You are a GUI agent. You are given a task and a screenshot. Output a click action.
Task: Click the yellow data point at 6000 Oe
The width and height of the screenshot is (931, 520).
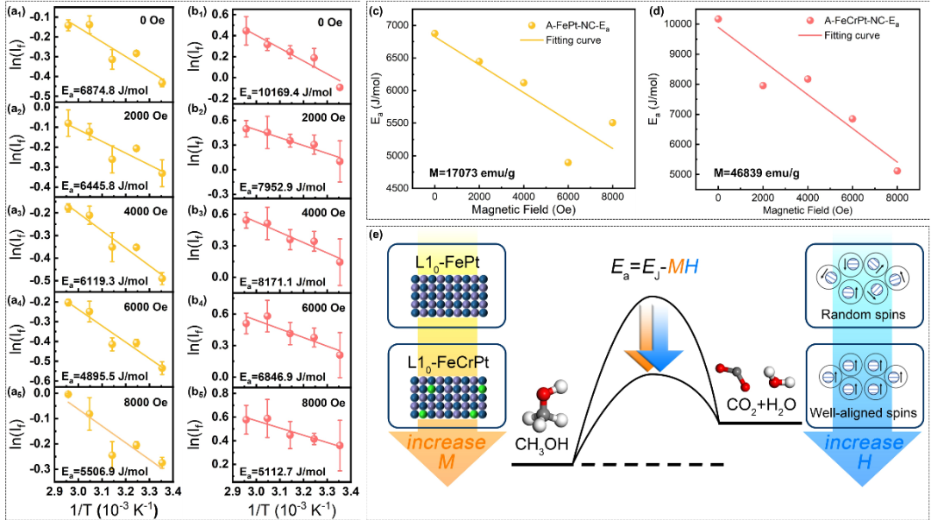pos(568,162)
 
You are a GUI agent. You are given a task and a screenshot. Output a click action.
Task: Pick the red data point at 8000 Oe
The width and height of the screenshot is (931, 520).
pos(897,171)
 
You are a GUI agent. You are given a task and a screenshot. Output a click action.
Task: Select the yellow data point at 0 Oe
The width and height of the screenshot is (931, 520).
pos(434,34)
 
